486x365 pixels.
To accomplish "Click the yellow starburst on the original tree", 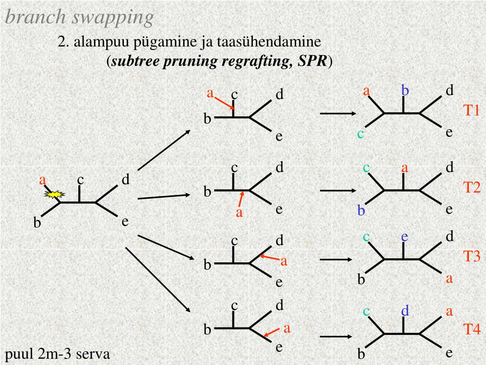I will point(54,194).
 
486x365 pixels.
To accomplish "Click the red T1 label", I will point(472,111).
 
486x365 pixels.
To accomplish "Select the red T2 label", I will point(472,188).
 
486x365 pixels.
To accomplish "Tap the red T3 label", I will point(472,257).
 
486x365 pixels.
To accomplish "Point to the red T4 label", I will point(472,329).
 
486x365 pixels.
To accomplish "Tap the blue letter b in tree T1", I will point(405,90).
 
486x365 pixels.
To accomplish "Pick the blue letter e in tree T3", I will point(404,236).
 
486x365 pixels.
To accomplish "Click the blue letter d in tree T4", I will point(405,311).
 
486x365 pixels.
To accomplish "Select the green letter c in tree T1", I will point(361,134).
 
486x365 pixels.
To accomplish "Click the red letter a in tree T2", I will point(405,168).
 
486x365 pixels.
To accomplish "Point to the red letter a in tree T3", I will point(449,279).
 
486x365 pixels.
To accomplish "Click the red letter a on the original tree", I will point(43,181).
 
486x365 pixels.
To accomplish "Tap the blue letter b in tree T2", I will point(361,210).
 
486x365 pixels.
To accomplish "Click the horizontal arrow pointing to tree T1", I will point(338,114).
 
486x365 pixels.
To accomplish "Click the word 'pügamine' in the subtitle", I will point(165,42).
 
